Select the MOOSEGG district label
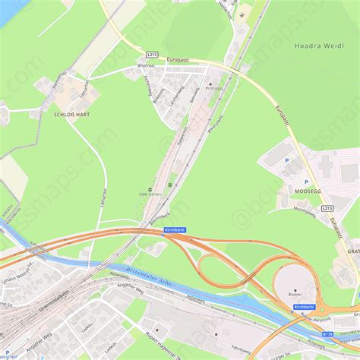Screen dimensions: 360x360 (306, 191)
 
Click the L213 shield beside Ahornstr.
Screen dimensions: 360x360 (152, 55)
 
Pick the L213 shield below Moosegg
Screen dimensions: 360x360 (327, 208)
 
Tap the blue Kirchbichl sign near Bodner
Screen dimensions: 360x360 (304, 307)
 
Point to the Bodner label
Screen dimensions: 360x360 (295, 293)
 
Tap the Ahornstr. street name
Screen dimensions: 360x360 (147, 64)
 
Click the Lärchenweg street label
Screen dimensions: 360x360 (176, 96)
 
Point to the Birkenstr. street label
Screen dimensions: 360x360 (158, 95)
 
